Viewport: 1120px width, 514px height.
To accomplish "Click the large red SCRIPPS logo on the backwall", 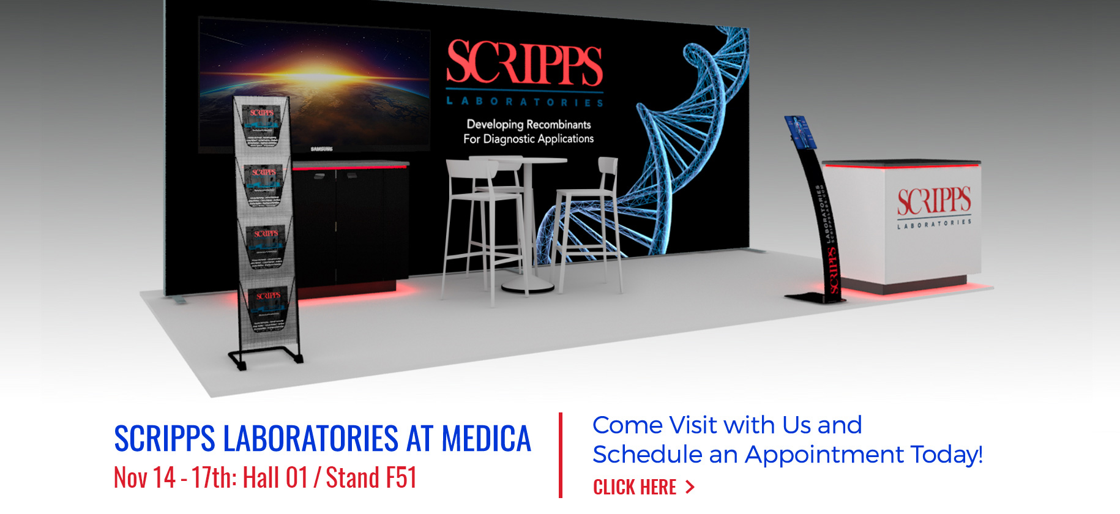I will (x=525, y=63).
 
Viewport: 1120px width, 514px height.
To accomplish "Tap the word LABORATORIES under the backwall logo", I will (x=525, y=102).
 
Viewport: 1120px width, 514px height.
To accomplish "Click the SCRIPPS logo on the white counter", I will (x=934, y=201).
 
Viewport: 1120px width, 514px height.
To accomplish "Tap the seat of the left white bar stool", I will (x=483, y=196).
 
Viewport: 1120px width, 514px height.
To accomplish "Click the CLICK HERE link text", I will (x=635, y=487).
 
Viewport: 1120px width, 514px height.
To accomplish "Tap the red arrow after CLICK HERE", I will (x=690, y=487).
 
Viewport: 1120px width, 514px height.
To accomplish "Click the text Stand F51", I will (x=371, y=478).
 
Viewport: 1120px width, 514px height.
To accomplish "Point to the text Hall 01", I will (x=275, y=478).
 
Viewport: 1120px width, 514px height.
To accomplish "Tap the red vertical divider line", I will (x=560, y=455).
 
